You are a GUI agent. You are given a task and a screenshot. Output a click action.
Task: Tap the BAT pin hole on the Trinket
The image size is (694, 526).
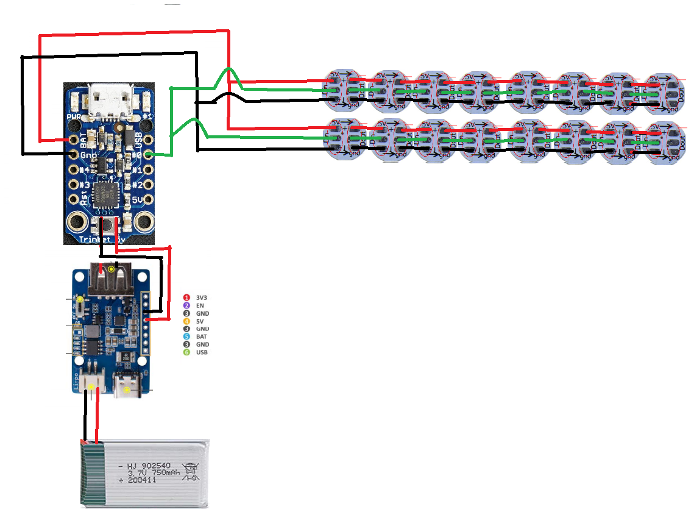click(74, 140)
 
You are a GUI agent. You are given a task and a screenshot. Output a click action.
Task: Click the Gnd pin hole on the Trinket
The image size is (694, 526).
click(74, 155)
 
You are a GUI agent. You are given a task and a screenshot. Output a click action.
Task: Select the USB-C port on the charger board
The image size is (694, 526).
click(127, 385)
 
